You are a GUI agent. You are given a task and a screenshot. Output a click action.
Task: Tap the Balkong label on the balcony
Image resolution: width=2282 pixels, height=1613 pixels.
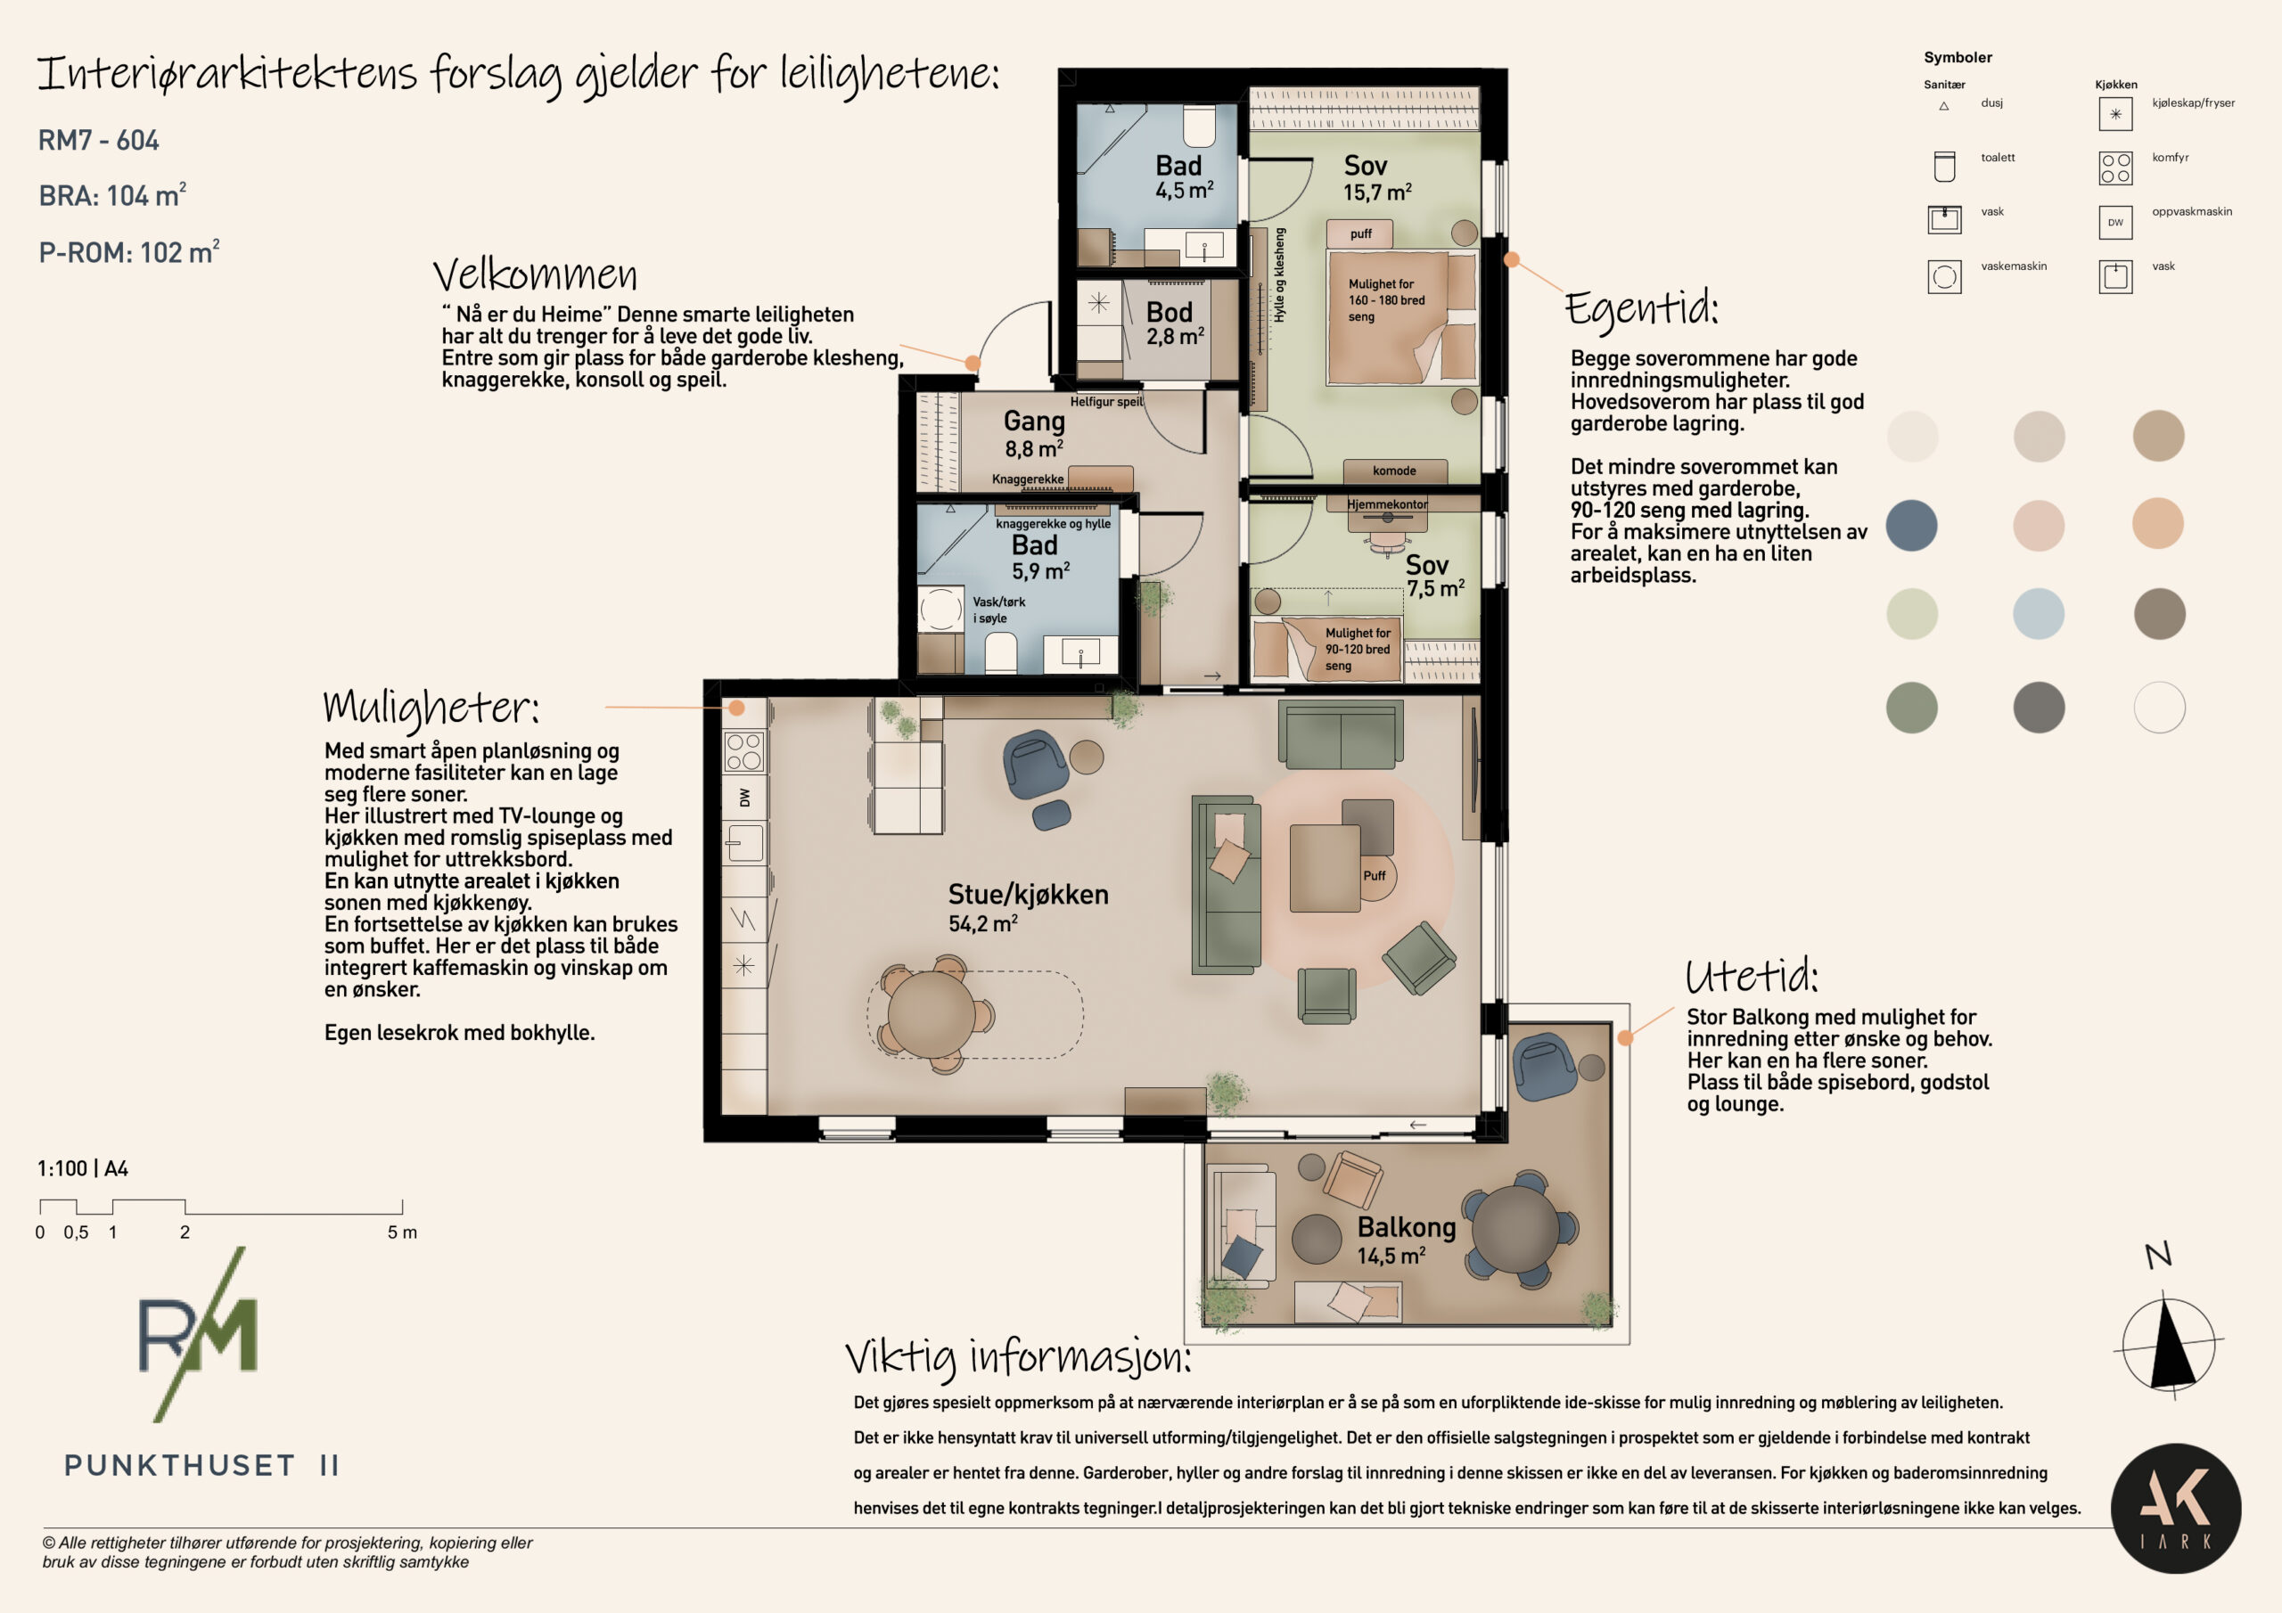click(x=1407, y=1228)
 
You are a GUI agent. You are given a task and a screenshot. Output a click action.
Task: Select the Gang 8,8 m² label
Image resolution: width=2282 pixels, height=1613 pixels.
click(x=1034, y=434)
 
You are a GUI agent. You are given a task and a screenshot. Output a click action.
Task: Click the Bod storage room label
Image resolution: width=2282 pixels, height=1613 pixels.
click(x=1169, y=313)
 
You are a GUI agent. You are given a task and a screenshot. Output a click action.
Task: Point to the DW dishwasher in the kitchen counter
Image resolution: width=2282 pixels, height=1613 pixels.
click(x=744, y=797)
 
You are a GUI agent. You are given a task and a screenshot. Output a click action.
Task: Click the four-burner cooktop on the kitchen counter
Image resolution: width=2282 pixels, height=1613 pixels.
click(x=744, y=751)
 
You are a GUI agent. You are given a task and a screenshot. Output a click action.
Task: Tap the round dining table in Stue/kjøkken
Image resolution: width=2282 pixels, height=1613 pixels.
click(x=932, y=1014)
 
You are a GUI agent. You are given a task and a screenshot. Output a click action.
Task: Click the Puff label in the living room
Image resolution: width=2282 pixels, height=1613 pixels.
click(x=1375, y=876)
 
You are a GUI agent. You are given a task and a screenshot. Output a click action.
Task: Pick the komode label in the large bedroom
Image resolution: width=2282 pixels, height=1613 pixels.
click(x=1394, y=471)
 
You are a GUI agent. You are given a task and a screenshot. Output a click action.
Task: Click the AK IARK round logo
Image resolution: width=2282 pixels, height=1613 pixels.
click(x=2176, y=1509)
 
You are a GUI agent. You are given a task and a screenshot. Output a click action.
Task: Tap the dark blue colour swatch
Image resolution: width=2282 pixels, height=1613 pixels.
click(x=1911, y=525)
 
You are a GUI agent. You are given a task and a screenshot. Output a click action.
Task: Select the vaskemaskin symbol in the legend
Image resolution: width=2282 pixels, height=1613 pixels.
click(x=1944, y=276)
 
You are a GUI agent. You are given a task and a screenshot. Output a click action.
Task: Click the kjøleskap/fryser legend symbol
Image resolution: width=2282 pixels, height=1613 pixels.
click(x=2115, y=114)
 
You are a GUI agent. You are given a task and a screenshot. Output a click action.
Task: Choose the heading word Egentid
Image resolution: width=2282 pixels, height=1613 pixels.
click(x=1641, y=307)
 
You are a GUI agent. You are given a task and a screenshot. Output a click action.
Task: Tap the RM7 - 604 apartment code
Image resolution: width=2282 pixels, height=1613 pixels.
click(x=98, y=140)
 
